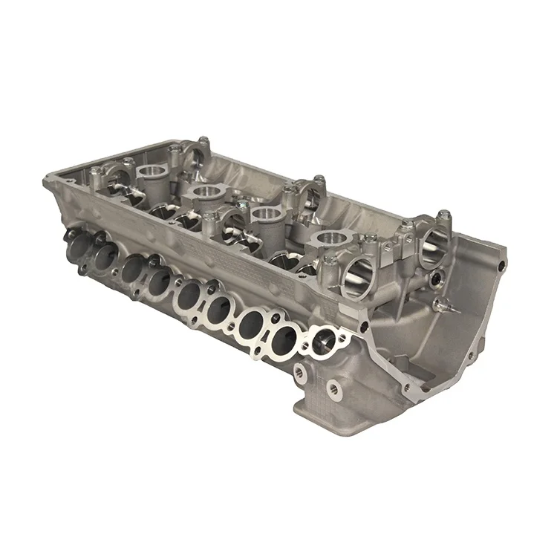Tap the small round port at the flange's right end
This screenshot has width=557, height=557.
[324, 341]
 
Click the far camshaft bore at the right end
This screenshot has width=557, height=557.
[437, 248]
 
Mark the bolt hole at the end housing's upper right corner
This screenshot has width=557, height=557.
[504, 264]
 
